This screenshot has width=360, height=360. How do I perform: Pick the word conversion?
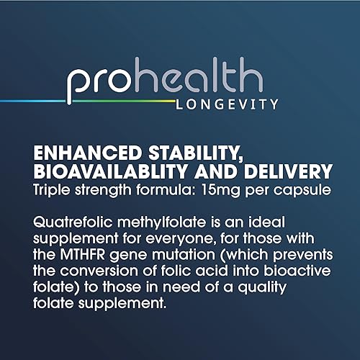pyautogui.click(x=84, y=272)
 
